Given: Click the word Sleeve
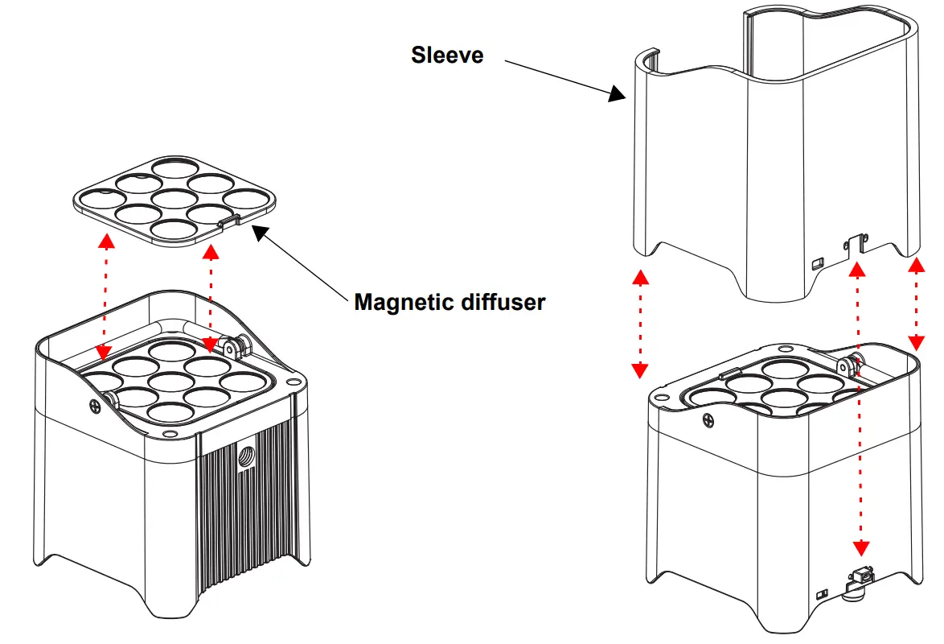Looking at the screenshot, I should coord(447,55).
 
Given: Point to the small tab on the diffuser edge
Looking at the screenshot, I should coord(228,220).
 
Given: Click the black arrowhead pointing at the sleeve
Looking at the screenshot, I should coord(618,93).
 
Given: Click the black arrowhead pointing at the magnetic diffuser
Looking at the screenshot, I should coord(260,233).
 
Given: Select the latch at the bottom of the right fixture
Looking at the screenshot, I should coord(860,580).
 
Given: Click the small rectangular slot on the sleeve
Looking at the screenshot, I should coord(818,263).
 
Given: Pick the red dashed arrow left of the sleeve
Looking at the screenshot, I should coord(639,324).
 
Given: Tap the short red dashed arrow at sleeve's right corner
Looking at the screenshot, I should coord(915,303).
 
